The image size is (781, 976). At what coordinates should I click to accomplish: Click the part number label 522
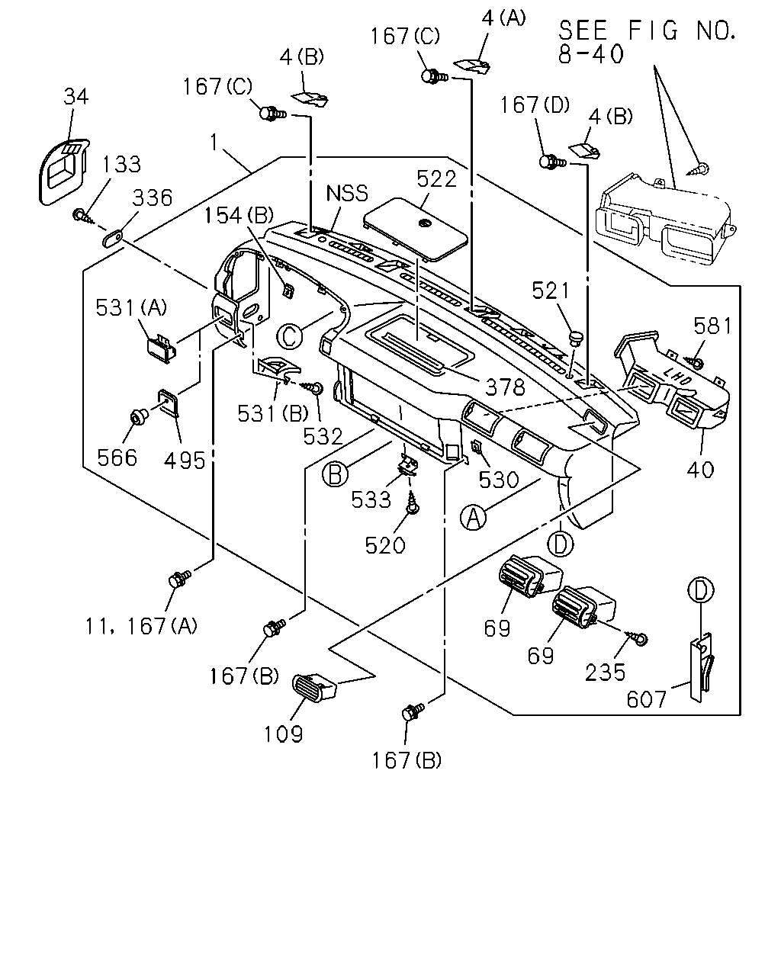[x=436, y=179]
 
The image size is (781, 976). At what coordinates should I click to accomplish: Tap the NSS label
[x=347, y=193]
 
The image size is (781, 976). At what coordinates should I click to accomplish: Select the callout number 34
[x=76, y=96]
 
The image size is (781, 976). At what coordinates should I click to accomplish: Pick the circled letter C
[x=290, y=336]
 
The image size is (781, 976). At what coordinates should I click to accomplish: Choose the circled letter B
[x=335, y=475]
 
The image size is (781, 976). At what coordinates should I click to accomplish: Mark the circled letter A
[x=474, y=518]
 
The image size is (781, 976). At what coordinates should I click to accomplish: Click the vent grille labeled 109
[x=313, y=689]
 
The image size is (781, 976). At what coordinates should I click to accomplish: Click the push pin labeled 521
[x=576, y=339]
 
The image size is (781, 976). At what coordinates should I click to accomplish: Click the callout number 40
[x=700, y=470]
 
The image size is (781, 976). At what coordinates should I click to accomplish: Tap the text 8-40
[x=591, y=54]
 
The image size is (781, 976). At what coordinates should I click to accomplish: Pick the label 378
[x=505, y=387]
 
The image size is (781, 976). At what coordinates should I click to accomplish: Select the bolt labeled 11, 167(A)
[x=178, y=578]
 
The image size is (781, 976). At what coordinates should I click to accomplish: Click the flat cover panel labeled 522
[x=416, y=230]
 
